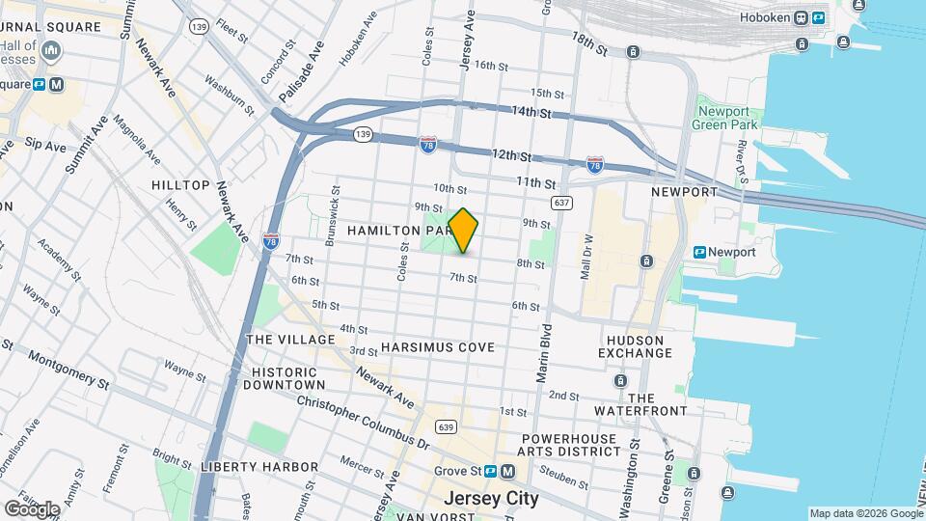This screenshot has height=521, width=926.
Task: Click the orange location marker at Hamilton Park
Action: [463, 231]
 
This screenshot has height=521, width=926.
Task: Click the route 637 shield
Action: [562, 203]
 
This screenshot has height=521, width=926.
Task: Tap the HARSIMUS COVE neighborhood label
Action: [437, 346]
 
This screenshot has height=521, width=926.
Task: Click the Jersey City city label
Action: [490, 499]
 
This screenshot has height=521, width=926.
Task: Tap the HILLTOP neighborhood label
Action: [180, 184]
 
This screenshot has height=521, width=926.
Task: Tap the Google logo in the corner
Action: [31, 508]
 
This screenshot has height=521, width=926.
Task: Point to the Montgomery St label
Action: [68, 368]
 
